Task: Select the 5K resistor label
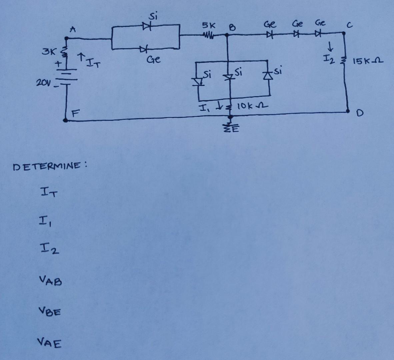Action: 209,25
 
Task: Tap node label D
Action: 359,114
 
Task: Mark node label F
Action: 75,113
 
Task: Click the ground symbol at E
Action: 229,128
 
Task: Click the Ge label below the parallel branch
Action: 154,60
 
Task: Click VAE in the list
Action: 49,342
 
